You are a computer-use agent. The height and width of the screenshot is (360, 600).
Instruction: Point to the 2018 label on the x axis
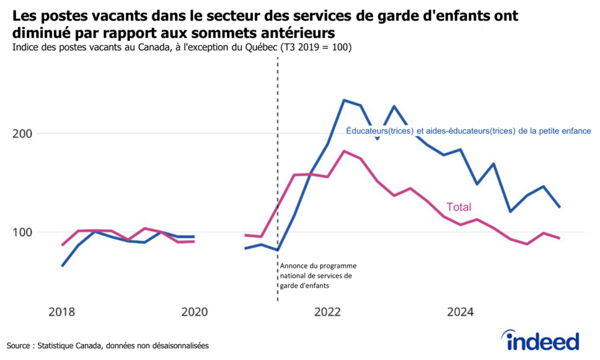62,312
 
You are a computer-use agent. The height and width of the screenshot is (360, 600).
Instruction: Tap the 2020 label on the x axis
195,312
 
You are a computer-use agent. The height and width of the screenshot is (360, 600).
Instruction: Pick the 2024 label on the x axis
461,312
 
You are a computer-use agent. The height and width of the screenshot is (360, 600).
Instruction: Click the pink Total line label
459,207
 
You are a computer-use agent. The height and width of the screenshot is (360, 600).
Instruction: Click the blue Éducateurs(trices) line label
468,130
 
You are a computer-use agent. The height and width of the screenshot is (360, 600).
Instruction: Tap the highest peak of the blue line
344,100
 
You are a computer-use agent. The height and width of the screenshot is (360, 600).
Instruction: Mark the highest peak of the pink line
344,151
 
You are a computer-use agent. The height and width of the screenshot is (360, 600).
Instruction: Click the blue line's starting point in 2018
62,266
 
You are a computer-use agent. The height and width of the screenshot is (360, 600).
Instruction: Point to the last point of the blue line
560,207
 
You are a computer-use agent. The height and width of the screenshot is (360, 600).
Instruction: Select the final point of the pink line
560,238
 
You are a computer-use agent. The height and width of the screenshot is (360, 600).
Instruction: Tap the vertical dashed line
277,176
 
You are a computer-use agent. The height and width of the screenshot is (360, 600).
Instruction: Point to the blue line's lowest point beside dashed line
277,250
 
